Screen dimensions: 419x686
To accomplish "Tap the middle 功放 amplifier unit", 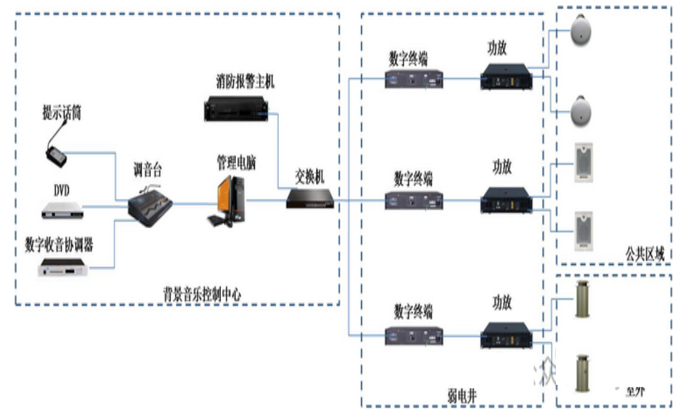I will pyautogui.click(x=506, y=201).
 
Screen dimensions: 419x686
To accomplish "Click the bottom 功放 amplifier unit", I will pyautogui.click(x=506, y=336).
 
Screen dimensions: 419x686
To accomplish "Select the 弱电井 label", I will pyautogui.click(x=461, y=395).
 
